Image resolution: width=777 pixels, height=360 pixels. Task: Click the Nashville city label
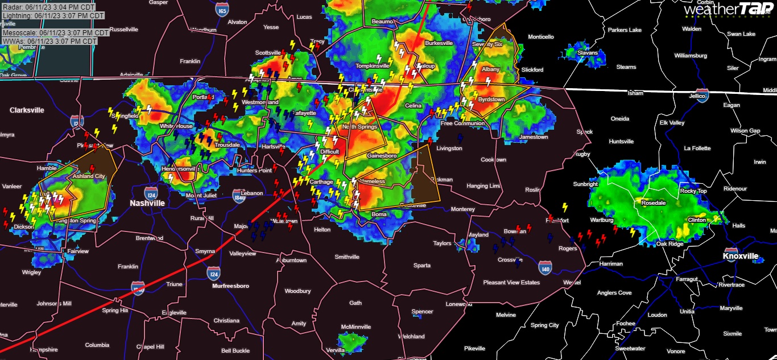coord(147,203)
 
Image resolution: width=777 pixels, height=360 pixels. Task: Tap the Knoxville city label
coord(741,256)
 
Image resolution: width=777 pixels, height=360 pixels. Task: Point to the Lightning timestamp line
coord(53,15)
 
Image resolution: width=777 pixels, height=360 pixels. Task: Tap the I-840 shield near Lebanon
coord(239,197)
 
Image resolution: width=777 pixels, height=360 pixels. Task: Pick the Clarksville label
coord(27,110)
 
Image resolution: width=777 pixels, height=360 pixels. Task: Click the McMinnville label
coord(356,327)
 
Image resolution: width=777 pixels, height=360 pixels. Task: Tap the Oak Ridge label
coord(669,244)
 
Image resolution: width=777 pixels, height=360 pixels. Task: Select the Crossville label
coord(510,260)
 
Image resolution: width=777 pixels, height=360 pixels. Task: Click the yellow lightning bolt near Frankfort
coord(565,208)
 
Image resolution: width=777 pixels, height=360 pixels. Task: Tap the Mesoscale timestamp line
coord(50,33)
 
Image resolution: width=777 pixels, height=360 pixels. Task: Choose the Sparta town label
coord(421,266)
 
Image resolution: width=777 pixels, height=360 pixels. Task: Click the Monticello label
coord(540,37)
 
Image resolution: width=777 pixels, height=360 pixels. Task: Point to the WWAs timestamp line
coord(49,42)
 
